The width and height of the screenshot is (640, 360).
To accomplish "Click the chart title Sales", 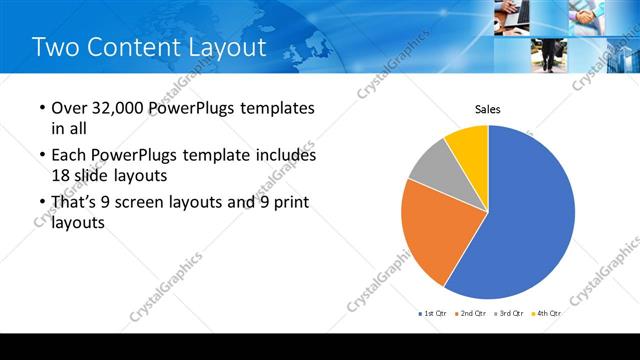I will point(487,109).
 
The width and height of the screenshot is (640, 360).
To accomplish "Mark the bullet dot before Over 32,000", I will point(41,108).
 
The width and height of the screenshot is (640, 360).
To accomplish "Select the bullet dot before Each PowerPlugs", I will point(41,156).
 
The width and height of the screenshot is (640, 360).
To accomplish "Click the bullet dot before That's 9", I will point(41,204).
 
